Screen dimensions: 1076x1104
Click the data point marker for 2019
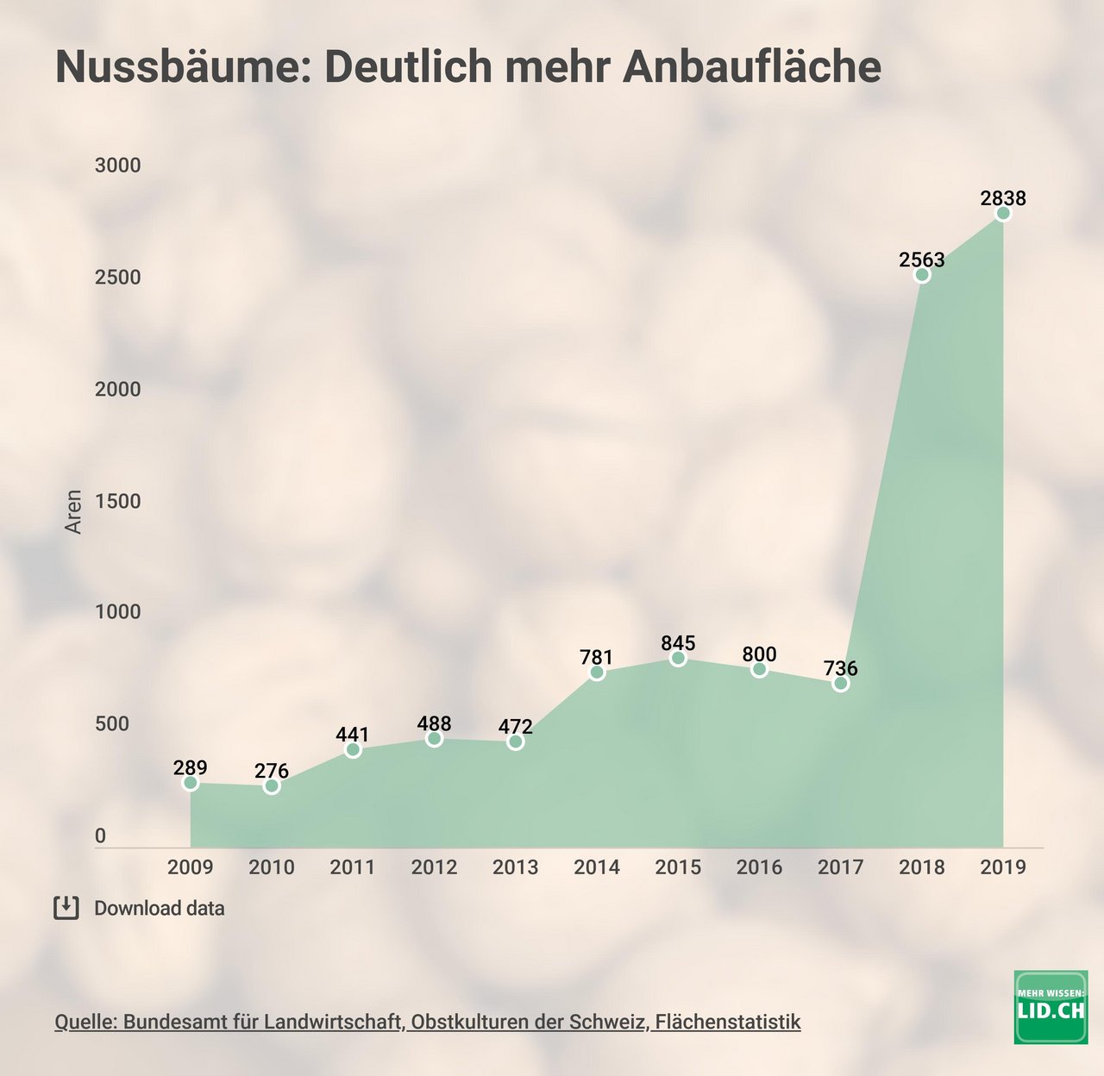pos(1003,214)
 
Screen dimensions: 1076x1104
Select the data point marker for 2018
pos(922,275)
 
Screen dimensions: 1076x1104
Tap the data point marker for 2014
pos(597,672)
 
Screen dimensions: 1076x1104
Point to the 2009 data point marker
pos(191,783)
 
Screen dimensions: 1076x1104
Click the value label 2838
pos(1003,198)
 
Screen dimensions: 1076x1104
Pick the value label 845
pos(678,643)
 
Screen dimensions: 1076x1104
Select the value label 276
pos(272,771)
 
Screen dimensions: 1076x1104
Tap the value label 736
pos(840,668)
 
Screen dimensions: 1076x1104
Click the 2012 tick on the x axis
pos(434,867)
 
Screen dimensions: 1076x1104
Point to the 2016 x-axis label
pos(759,867)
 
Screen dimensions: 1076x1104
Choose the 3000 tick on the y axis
pos(117,166)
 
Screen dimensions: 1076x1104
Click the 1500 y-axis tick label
pos(117,502)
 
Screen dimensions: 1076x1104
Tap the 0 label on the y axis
pos(101,835)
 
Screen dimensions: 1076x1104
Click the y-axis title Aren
pos(74,512)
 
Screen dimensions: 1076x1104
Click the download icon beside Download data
pos(66,908)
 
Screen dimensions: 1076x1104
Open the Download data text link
pos(160,909)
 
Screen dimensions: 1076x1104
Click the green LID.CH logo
pos(1051,1007)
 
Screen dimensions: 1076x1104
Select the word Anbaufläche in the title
pos(751,67)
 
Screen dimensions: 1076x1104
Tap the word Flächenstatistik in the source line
pos(728,1023)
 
